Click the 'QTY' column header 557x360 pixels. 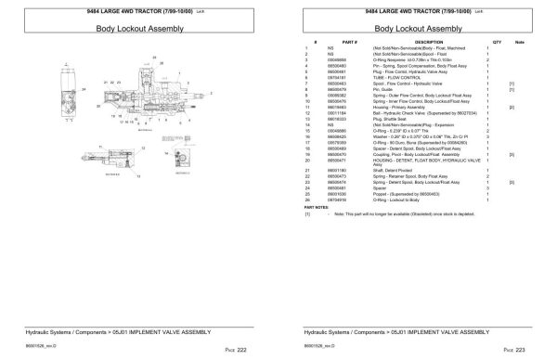[x=496, y=43]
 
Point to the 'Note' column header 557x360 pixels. [x=519, y=43]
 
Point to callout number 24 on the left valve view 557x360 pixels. [x=84, y=90]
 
